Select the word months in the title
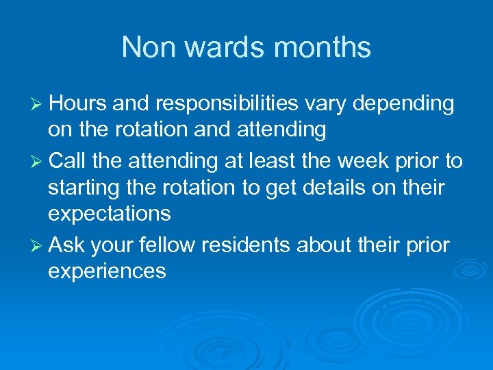(x=326, y=47)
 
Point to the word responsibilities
(x=225, y=104)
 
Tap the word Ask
(x=66, y=244)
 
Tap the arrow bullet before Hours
(x=36, y=104)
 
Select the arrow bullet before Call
(x=36, y=161)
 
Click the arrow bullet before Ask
(x=36, y=245)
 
